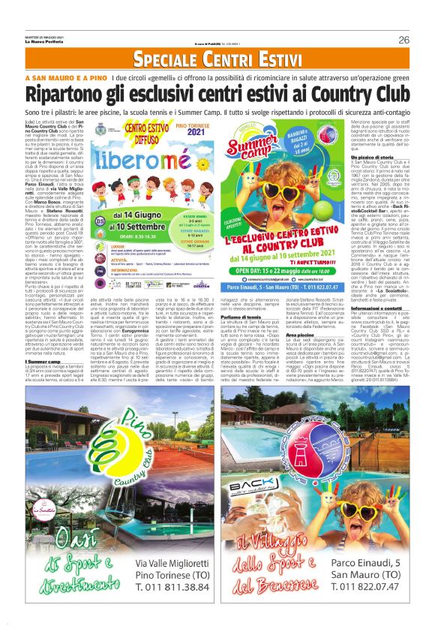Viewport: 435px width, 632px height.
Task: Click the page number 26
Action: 403,40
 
